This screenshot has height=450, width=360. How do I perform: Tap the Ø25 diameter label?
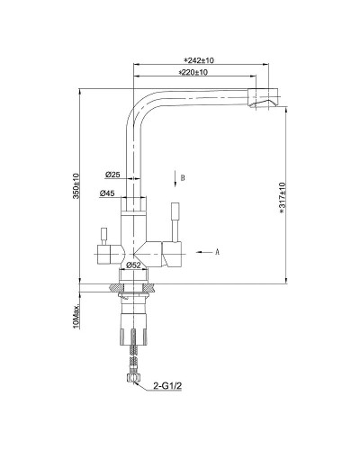pyautogui.click(x=112, y=175)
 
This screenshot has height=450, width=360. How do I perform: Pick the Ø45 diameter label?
pyautogui.click(x=107, y=193)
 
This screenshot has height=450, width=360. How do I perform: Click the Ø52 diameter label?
pyautogui.click(x=134, y=265)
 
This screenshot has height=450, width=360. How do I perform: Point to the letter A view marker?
pyautogui.click(x=217, y=253)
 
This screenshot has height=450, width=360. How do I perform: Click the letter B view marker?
pyautogui.click(x=183, y=178)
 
